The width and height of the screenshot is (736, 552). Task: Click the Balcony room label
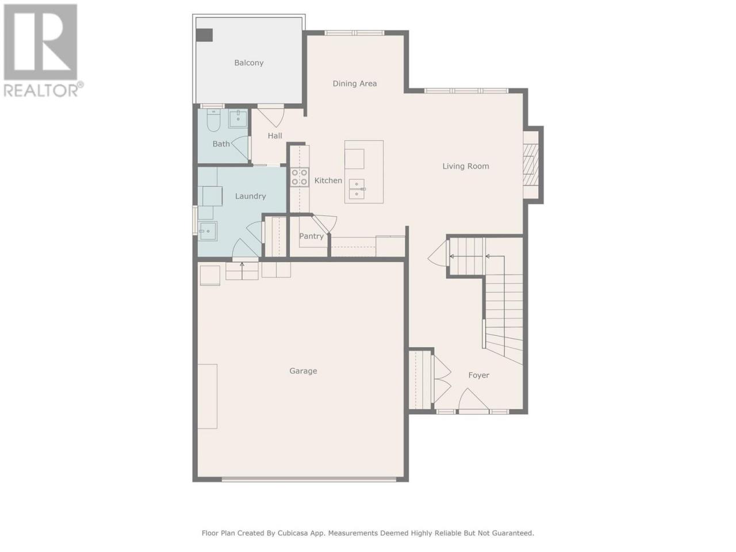point(248,63)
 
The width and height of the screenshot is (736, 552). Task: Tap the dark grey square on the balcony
point(204,35)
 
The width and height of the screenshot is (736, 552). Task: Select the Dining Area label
point(354,83)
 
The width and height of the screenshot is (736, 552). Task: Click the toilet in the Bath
point(213,120)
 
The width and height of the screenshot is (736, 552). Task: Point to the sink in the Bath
point(237,118)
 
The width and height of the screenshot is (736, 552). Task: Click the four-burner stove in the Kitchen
point(299,177)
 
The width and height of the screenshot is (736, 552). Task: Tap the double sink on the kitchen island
point(356,189)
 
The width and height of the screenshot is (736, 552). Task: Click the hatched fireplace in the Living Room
point(531,165)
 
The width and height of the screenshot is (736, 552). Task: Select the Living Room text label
point(465,166)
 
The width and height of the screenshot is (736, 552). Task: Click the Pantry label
point(311,236)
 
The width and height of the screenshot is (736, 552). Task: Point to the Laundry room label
point(250,196)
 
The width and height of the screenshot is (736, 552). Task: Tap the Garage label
point(303,371)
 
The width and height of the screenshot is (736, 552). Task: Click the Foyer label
point(478,375)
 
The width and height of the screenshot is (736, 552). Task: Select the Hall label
point(275,136)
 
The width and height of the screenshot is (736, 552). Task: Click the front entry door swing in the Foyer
point(473,400)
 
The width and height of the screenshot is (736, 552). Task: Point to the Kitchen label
point(328,181)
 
